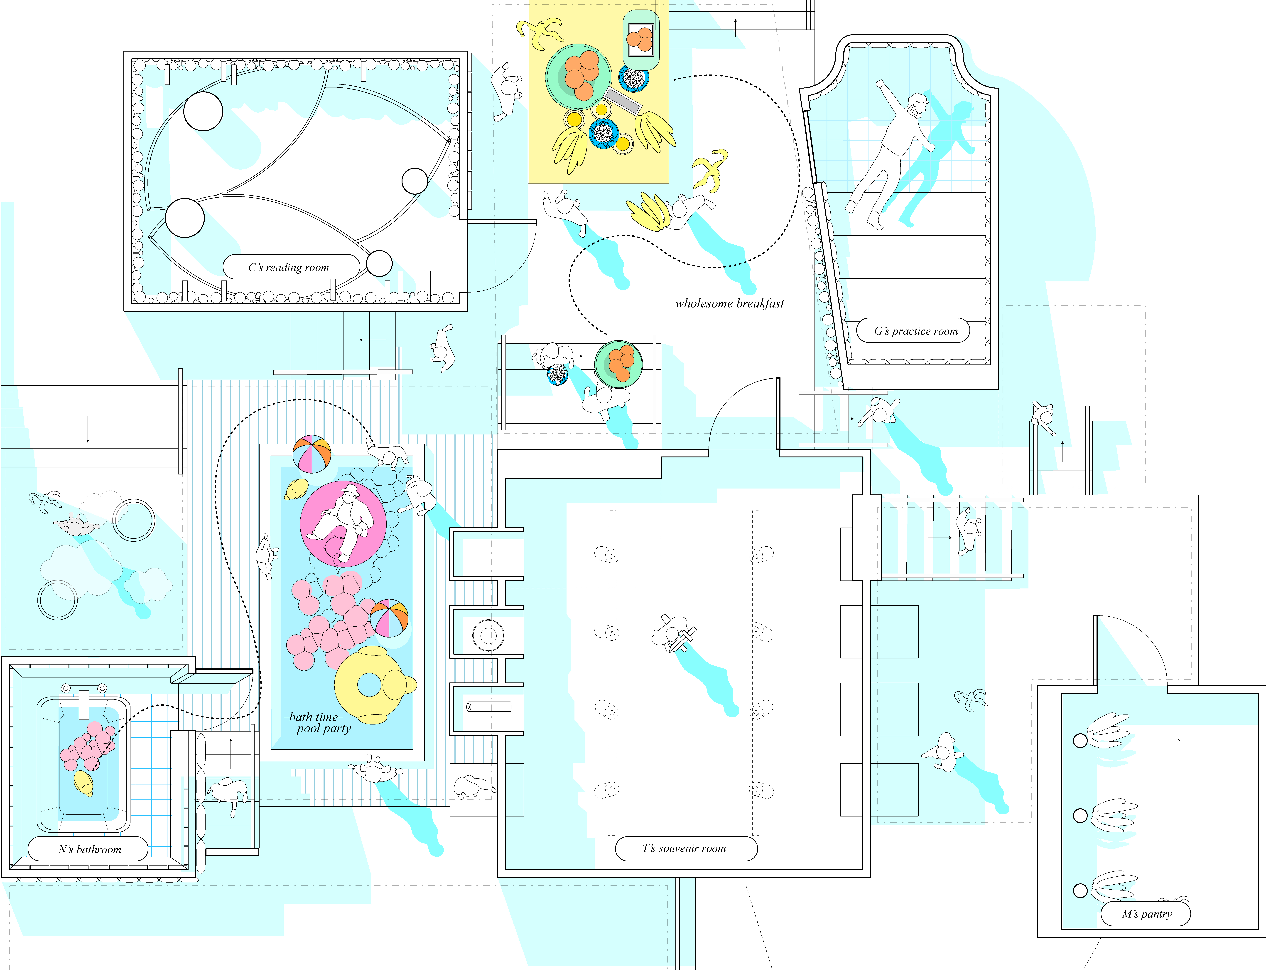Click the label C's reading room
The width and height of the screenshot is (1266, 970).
tap(289, 267)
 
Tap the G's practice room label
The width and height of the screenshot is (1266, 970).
tap(915, 331)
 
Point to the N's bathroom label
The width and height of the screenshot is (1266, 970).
tap(90, 849)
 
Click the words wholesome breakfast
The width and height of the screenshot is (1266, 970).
tap(729, 303)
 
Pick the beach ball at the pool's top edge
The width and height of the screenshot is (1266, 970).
tap(312, 454)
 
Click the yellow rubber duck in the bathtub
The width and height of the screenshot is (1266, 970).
tap(84, 783)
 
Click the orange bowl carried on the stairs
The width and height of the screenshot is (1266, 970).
tap(619, 364)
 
